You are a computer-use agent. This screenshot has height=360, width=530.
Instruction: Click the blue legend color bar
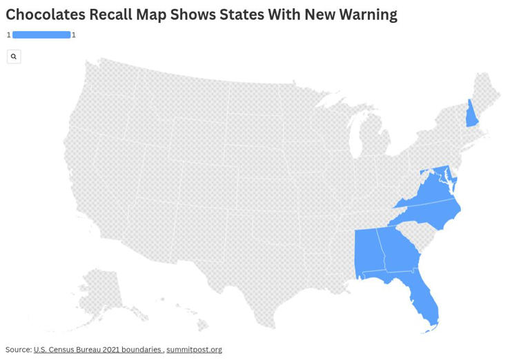(x=41, y=34)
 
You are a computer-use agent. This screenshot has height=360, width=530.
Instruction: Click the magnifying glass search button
(x=14, y=57)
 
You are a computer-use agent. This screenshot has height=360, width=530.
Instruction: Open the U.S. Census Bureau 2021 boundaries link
(x=97, y=350)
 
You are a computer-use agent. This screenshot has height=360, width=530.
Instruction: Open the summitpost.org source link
(x=194, y=350)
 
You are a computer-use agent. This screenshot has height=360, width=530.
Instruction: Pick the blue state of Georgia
(x=398, y=252)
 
